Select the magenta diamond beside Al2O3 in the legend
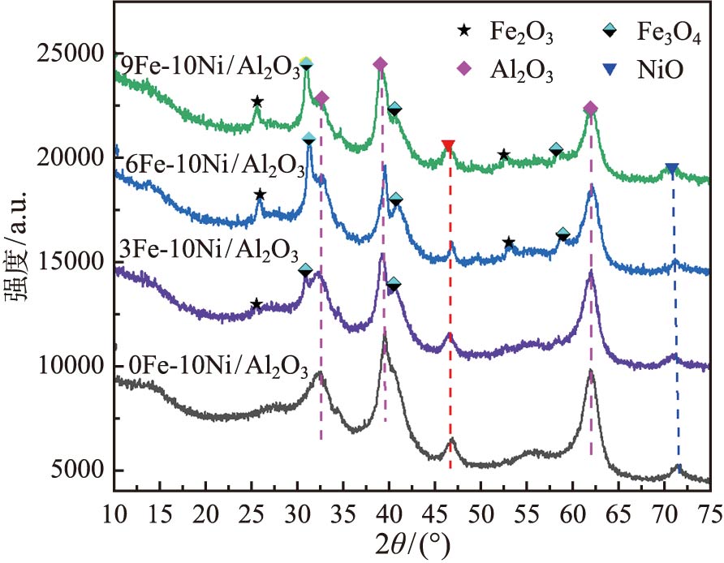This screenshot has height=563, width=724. tap(463, 71)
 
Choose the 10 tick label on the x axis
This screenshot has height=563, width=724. tap(114, 511)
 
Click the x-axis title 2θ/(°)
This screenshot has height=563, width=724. tap(412, 543)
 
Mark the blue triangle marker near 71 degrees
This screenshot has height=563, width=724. tap(671, 169)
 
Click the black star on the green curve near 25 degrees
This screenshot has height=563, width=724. tap(257, 102)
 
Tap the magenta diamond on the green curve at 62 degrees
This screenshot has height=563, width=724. tap(590, 109)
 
